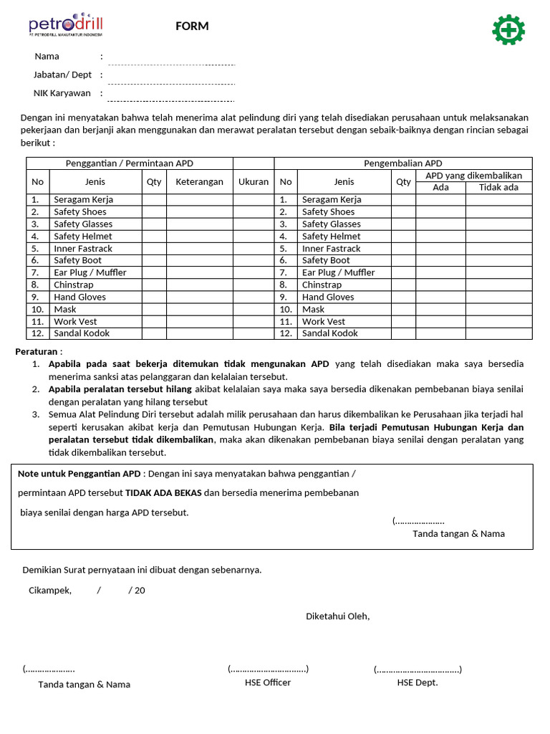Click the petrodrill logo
tap(66, 24)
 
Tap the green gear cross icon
tap(508, 29)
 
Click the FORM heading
tap(192, 27)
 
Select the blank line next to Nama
tap(171, 64)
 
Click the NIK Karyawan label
tap(62, 93)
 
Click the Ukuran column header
tap(254, 182)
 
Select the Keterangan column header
tap(200, 182)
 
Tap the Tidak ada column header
tap(498, 188)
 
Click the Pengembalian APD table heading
tap(403, 163)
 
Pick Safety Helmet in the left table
tap(83, 237)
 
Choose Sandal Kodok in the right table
tap(330, 333)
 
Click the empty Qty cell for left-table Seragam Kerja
tap(154, 200)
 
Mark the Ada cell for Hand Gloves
tap(440, 297)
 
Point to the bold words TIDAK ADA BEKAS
tap(163, 493)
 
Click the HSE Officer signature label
tap(268, 683)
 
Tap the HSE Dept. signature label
tap(418, 683)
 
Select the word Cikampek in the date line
tap(50, 591)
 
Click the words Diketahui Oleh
tap(338, 616)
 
